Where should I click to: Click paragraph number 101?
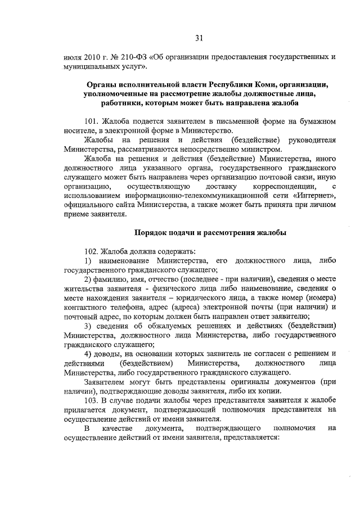(91, 121)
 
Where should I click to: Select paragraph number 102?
(91, 251)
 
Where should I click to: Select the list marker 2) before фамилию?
(88, 280)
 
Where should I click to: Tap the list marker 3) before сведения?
(88, 327)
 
